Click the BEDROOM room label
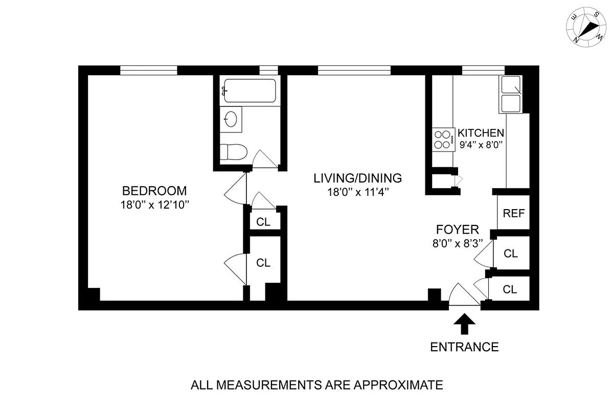[154, 191]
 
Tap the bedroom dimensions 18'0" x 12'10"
[154, 206]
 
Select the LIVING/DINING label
[357, 178]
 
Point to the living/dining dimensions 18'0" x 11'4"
[357, 192]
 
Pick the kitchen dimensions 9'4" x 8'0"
[481, 144]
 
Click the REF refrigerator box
[513, 213]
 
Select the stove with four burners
[443, 139]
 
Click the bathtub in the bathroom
[249, 92]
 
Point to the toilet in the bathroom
[233, 151]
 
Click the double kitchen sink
[510, 95]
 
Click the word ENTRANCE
[464, 347]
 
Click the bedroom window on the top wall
[149, 71]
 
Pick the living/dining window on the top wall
[354, 71]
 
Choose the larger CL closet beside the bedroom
[263, 263]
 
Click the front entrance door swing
[463, 297]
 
